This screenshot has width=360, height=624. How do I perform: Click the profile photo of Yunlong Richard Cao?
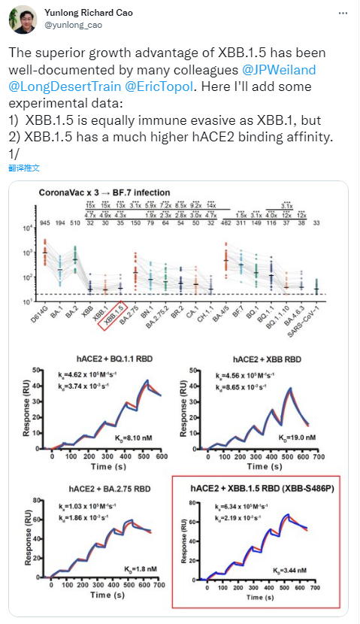click(23, 20)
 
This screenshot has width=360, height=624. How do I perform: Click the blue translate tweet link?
click(24, 168)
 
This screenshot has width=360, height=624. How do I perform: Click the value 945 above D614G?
click(44, 223)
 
